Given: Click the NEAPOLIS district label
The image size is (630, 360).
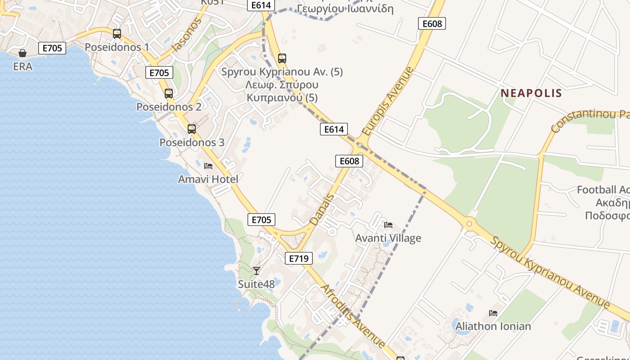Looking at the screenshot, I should click(531, 93).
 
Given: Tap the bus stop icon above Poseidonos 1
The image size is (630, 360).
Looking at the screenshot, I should click(117, 34).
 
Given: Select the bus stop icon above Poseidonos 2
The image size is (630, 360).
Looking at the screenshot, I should click(169, 94).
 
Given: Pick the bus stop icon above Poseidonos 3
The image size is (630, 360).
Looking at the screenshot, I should click(192, 129).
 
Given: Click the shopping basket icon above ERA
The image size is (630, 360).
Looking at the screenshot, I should click(22, 53).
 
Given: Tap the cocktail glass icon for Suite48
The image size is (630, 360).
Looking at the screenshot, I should click(256, 270).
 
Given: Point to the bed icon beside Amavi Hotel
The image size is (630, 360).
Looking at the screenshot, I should click(208, 166).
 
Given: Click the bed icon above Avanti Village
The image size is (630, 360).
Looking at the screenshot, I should click(388, 225).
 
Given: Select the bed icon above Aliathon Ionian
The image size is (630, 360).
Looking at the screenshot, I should click(493, 313).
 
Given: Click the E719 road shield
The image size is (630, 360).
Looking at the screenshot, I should click(299, 258).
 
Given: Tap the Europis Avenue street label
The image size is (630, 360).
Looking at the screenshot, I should click(387, 102).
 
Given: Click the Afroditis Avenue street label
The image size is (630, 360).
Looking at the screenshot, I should click(352, 316).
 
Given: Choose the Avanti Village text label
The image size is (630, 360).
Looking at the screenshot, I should click(388, 238).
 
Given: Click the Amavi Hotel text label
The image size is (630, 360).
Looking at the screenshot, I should click(208, 179).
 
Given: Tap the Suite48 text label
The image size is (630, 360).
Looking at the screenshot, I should click(256, 284).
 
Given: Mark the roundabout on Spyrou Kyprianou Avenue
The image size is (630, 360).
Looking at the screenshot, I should click(469, 223).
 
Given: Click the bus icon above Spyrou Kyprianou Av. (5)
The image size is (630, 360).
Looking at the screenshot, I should click(282, 58).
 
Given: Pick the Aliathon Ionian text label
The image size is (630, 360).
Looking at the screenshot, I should click(493, 326).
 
